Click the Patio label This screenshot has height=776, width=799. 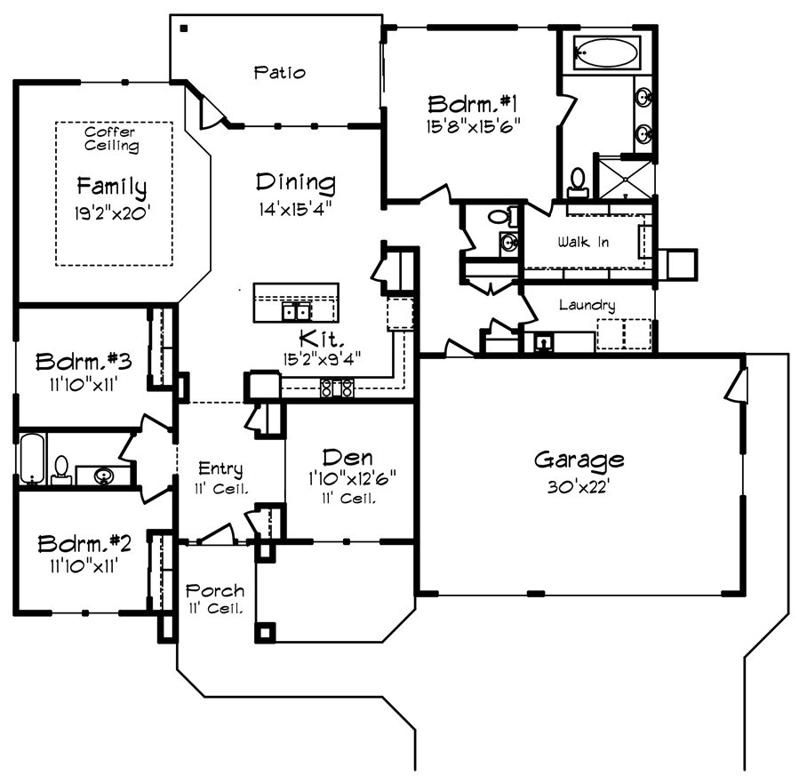pyautogui.click(x=278, y=72)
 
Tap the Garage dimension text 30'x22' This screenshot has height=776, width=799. pyautogui.click(x=578, y=487)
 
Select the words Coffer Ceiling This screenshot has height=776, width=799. pyautogui.click(x=111, y=139)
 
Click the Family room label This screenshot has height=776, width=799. pyautogui.click(x=111, y=187)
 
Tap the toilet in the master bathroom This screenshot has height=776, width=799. pyautogui.click(x=579, y=181)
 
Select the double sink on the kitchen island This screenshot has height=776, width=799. pyautogui.click(x=296, y=312)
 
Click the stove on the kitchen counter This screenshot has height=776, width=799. pyautogui.click(x=337, y=387)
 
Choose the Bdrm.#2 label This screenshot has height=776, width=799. pyautogui.click(x=84, y=543)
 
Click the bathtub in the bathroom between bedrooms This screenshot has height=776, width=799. pyautogui.click(x=30, y=459)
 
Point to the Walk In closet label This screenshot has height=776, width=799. pyautogui.click(x=583, y=242)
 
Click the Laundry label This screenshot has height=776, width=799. pyautogui.click(x=587, y=305)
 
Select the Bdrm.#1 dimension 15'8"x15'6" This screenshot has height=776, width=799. pyautogui.click(x=472, y=125)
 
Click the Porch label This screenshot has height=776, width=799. pyautogui.click(x=214, y=591)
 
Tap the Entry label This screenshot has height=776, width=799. pyautogui.click(x=220, y=468)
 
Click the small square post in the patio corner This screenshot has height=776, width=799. pyautogui.click(x=183, y=28)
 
